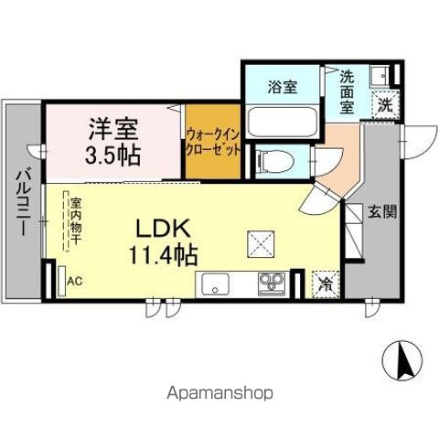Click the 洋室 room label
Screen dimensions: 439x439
pos(114,127)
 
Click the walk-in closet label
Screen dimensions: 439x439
pos(213,139)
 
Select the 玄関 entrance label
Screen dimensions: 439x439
pos(382,212)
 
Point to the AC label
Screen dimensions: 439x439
pos(75,281)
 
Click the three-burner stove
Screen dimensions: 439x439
pos(271,284)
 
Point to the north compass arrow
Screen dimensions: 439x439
pos(402,360)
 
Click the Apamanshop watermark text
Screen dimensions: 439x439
pos(217,393)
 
